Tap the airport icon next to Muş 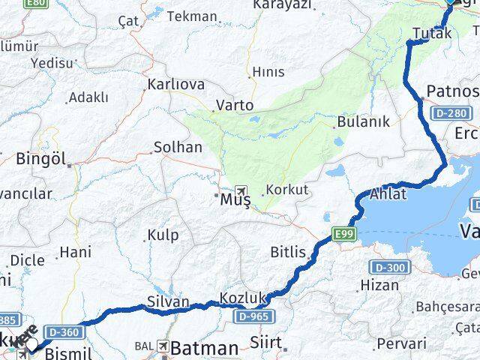pyautogui.click(x=241, y=190)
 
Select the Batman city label pyautogui.click(x=204, y=348)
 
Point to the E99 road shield pyautogui.click(x=344, y=235)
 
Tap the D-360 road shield pyautogui.click(x=61, y=331)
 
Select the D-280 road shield pyautogui.click(x=454, y=113)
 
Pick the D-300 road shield pyautogui.click(x=389, y=268)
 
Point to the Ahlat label pyautogui.click(x=388, y=194)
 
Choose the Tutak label pyautogui.click(x=432, y=33)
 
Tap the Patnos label pyautogui.click(x=451, y=91)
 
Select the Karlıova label pyautogui.click(x=176, y=84)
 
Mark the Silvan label pyautogui.click(x=169, y=301)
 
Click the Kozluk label pyautogui.click(x=243, y=299)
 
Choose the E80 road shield pyautogui.click(x=34, y=4)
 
